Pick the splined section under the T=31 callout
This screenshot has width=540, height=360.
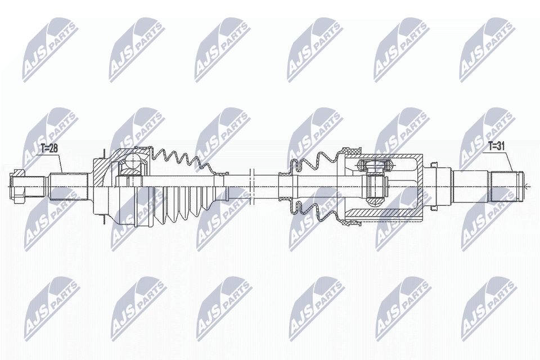(x=503, y=184)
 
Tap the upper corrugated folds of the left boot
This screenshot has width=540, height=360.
(x=180, y=155)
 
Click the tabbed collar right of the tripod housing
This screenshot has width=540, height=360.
(x=434, y=184)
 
